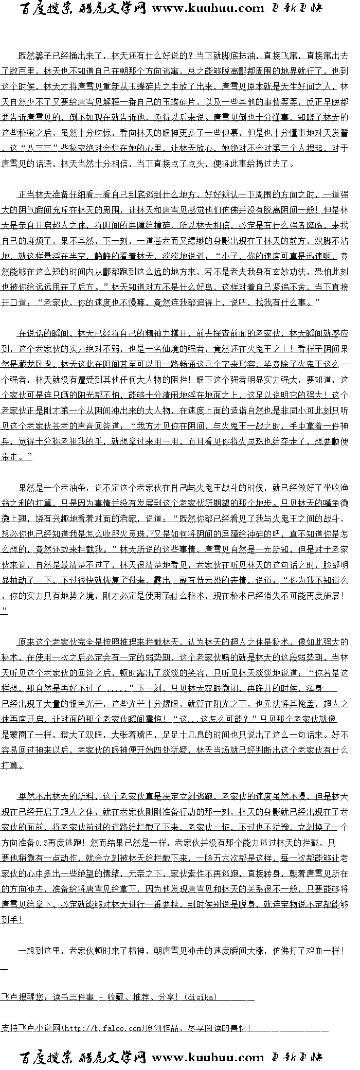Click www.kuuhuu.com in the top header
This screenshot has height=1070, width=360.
point(208,8)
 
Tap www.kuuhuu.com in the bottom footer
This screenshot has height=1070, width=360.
point(208,1058)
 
